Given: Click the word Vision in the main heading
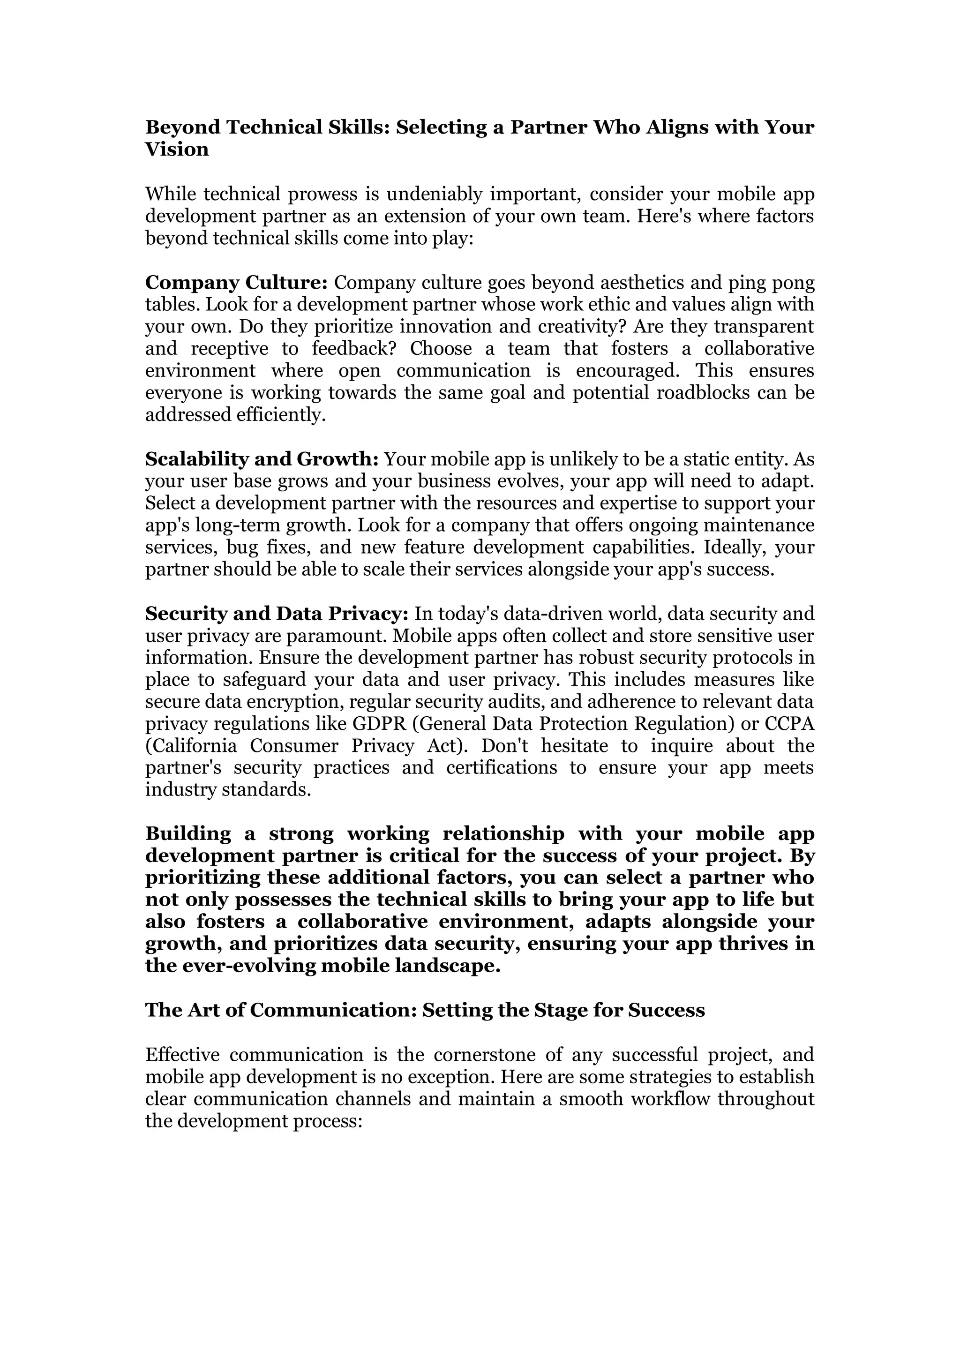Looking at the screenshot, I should (x=177, y=150).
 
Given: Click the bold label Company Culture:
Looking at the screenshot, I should (x=236, y=283).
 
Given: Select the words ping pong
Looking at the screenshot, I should (x=773, y=283).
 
